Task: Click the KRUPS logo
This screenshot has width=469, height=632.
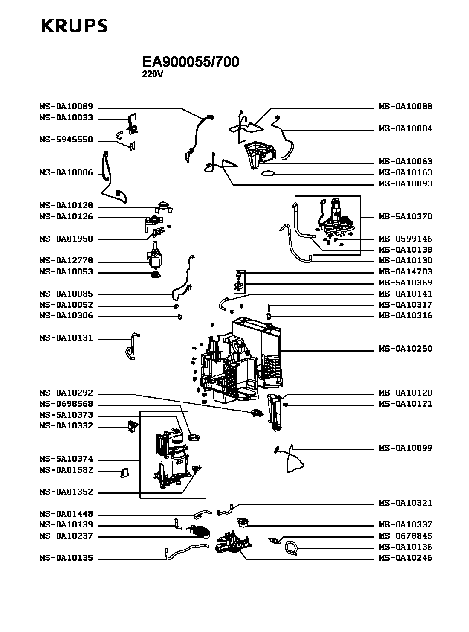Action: [74, 26]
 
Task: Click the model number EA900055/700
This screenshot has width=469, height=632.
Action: [191, 62]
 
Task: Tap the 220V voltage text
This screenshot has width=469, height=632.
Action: [153, 74]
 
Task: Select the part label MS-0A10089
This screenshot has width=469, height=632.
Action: [66, 107]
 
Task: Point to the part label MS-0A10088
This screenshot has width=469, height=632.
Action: [405, 107]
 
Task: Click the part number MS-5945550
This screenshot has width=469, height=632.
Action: [66, 140]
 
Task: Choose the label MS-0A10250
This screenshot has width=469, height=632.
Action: [405, 349]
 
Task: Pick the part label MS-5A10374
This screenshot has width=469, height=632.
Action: [66, 459]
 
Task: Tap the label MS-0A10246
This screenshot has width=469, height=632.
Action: [405, 558]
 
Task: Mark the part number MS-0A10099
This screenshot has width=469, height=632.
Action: [405, 448]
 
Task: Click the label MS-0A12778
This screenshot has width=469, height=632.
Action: [66, 261]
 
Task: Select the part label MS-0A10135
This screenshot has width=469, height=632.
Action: [66, 558]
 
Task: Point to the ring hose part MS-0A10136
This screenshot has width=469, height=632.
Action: [292, 548]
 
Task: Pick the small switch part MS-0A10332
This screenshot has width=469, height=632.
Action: [133, 427]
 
